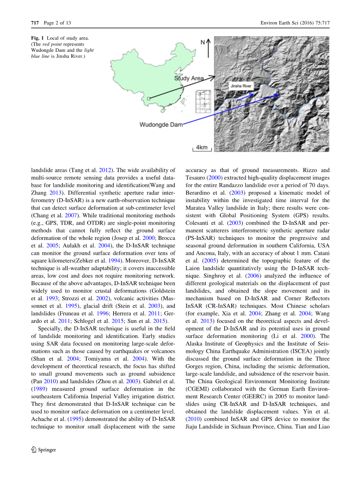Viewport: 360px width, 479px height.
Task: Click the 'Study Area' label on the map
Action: click(189, 78)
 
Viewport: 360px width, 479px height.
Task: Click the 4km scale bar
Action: click(201, 148)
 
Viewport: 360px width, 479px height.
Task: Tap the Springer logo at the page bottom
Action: click(44, 449)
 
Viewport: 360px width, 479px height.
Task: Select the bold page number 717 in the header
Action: click(35, 23)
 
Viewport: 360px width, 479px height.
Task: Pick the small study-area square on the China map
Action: click(149, 99)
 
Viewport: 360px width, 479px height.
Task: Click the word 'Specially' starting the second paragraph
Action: click(49, 329)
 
